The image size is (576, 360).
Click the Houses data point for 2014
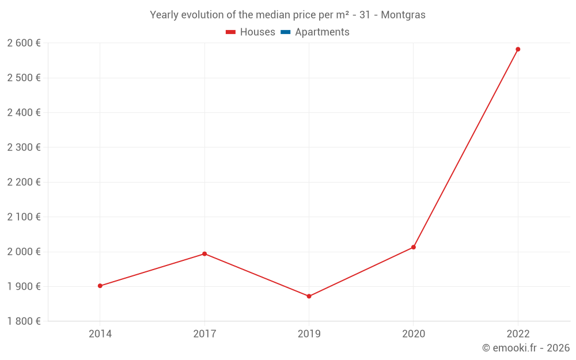point(100,286)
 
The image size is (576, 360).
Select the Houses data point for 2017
point(204,254)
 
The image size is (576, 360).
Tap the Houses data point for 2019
point(309,296)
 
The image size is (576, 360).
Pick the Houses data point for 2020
point(414,247)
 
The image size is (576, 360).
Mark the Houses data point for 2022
point(518,50)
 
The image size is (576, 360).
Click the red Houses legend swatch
point(230,32)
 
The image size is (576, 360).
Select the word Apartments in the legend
point(322,32)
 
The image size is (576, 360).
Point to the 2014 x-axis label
point(100,334)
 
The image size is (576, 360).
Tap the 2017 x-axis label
point(204,334)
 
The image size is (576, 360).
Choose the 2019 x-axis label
point(309,334)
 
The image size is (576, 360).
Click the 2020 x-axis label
point(414,334)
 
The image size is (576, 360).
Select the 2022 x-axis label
point(518,334)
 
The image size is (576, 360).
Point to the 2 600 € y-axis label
point(24,43)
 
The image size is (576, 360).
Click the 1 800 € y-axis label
point(24,321)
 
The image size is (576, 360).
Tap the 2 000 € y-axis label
point(24,252)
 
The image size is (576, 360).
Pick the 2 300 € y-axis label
point(24,147)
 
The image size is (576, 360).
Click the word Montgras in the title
point(403,15)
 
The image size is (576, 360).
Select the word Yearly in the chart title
point(164,15)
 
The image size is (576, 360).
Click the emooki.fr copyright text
point(526,348)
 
